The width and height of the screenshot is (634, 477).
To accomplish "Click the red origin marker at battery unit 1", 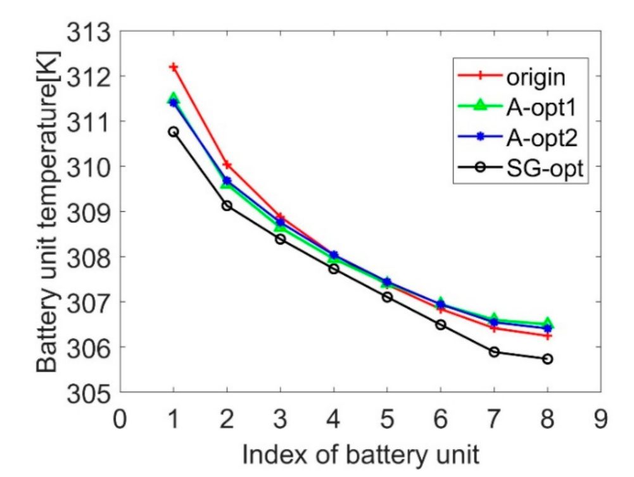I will pos(174,66).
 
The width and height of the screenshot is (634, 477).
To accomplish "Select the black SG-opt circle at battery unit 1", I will pos(174,132).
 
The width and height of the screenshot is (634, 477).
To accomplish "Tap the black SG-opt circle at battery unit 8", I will pos(548,359).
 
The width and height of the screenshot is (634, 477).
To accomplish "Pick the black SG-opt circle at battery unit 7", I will pos(494,352).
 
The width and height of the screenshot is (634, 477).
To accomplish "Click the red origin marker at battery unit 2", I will pos(227,165).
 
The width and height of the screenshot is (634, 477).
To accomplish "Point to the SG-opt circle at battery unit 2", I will pos(227,206).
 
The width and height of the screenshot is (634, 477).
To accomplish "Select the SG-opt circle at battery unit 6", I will pos(441,325).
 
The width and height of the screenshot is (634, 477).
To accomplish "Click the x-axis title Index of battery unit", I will pos(360,454).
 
